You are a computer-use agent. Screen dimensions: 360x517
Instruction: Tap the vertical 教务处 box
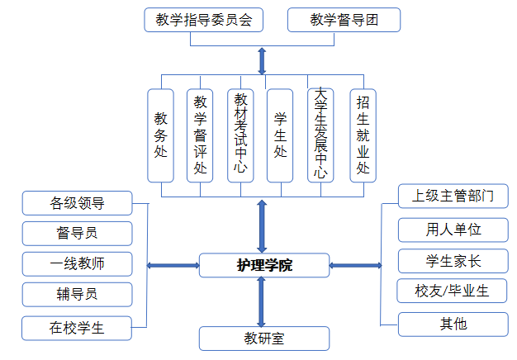pos(161,135)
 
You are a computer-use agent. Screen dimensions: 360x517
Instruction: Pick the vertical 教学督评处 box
pos(200,135)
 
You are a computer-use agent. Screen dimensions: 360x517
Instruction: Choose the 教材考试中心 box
pos(240,135)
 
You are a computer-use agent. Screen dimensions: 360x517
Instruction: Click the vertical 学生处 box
pos(280,135)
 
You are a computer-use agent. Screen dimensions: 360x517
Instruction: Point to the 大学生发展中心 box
pos(320,135)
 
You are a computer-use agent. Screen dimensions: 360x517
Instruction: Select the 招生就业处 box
pos(362,135)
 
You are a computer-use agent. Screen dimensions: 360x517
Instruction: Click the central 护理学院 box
pos(263,266)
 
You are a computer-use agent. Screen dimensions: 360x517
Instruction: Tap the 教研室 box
pos(263,339)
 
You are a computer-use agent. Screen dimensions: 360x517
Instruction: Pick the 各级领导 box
pos(77,201)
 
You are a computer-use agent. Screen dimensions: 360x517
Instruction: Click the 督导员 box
pos(77,233)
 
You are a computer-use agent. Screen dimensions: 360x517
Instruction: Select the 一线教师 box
pos(77,264)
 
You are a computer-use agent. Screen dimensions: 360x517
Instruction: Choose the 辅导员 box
pos(77,295)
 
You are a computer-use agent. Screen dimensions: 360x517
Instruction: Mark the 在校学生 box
pos(77,328)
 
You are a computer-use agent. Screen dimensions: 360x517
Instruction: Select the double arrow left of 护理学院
pos(173,266)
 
